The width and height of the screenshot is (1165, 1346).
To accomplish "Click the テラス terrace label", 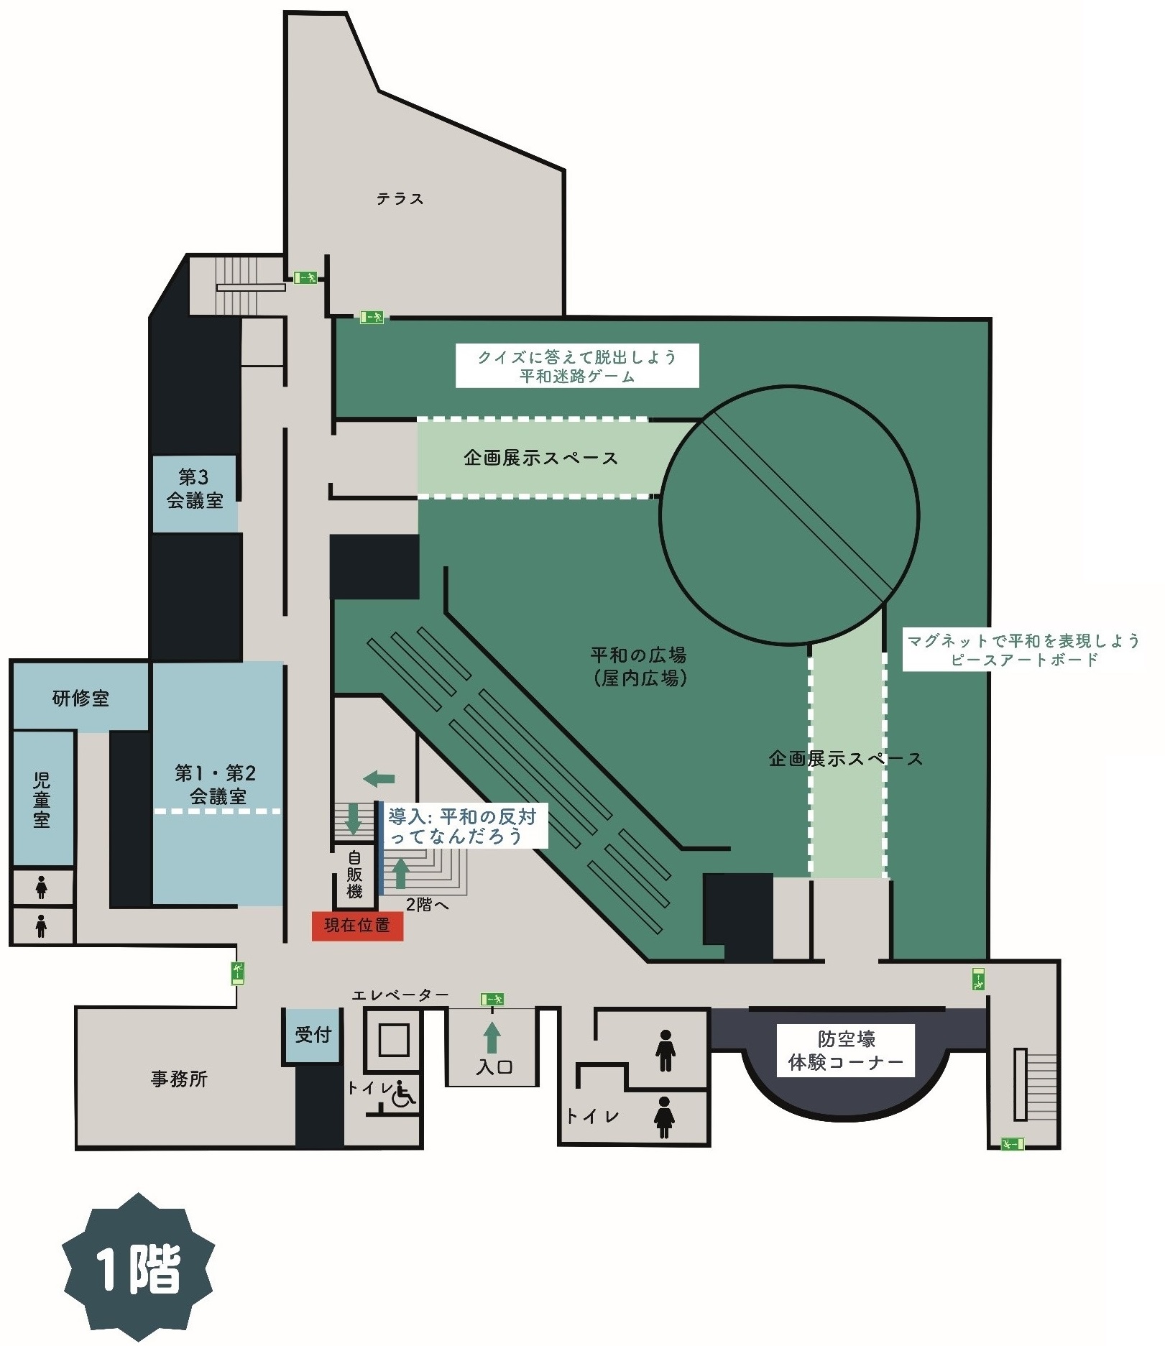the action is (x=400, y=198).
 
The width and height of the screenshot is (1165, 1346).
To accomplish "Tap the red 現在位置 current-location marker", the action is (x=357, y=926).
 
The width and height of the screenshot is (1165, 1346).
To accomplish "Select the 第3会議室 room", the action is (x=195, y=494).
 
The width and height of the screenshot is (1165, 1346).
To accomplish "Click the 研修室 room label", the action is (x=80, y=698).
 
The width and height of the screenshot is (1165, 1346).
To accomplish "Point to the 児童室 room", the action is (x=42, y=798).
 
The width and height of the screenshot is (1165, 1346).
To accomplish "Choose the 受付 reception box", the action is (x=313, y=1035).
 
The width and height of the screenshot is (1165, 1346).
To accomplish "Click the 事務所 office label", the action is (x=179, y=1079).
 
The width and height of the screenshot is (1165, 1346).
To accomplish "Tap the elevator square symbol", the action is (x=394, y=1040).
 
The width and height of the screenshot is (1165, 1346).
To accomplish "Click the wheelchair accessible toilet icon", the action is (x=404, y=1096).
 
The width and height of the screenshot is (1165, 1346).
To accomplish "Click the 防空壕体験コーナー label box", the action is (x=845, y=1051).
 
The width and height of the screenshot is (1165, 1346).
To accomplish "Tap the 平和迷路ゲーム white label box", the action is (x=577, y=366).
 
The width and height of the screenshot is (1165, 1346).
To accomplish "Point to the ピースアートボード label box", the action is (x=1023, y=650).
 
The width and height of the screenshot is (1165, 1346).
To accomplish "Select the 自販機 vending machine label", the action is (x=354, y=874).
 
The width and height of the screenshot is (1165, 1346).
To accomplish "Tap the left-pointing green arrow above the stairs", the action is (x=379, y=778).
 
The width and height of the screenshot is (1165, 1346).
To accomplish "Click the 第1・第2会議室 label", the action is (x=216, y=785).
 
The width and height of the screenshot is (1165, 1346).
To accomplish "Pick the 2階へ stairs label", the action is (x=427, y=905).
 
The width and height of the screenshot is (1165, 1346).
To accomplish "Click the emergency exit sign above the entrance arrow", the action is (x=492, y=999).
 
